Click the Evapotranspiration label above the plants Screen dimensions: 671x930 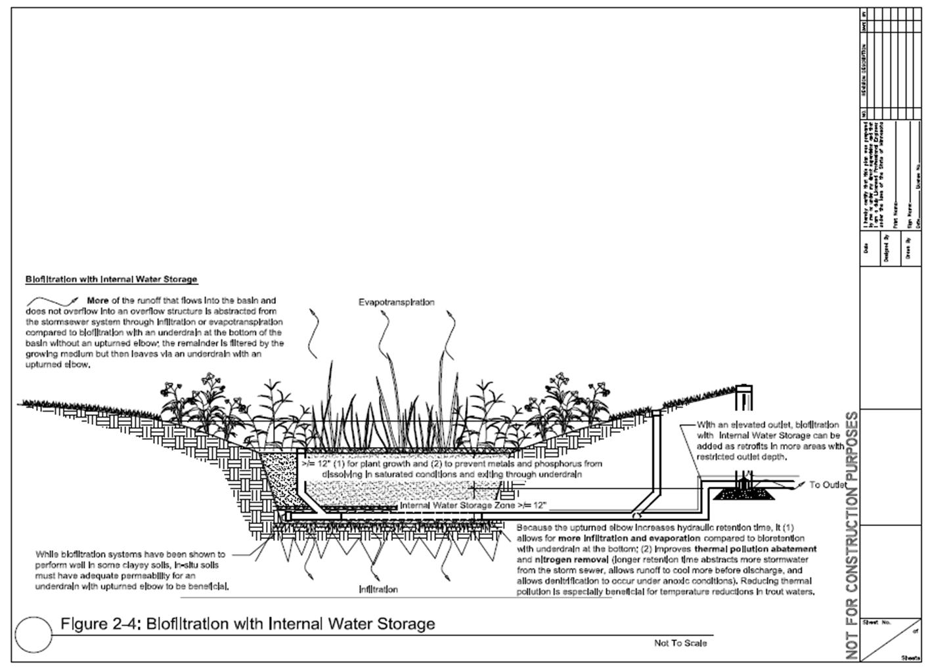[396, 302]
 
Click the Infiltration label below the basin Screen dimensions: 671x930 [378, 589]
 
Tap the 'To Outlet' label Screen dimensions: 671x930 [828, 485]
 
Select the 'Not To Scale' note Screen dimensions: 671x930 [680, 643]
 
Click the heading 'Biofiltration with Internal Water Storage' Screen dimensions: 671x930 [111, 279]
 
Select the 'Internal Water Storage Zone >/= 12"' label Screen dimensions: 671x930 [473, 506]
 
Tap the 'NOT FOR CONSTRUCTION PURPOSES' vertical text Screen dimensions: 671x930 [852, 535]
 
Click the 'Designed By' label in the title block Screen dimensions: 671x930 [887, 248]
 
